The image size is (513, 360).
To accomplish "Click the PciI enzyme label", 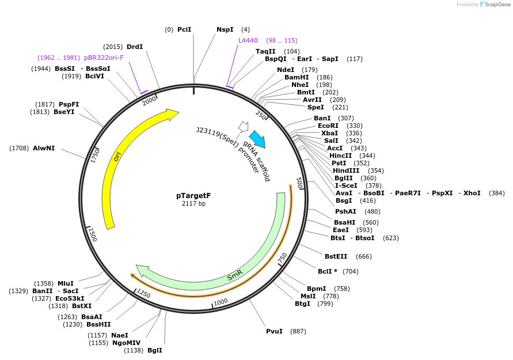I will (184, 29).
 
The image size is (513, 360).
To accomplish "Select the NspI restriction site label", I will (225, 29).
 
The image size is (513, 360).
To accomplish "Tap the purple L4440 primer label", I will (248, 40).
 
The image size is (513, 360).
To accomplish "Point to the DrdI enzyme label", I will (135, 47).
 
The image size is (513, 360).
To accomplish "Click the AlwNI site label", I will (44, 148).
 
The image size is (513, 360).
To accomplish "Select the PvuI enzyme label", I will (274, 331).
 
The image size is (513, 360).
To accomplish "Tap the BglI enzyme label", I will (155, 350).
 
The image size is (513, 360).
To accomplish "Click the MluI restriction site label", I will (66, 283).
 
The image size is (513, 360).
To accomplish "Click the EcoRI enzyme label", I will (328, 126).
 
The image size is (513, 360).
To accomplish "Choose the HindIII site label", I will (346, 170).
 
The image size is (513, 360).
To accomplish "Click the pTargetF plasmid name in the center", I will (193, 195).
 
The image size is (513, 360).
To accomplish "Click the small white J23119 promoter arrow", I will (243, 126).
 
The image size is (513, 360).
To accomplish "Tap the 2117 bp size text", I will (193, 204).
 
